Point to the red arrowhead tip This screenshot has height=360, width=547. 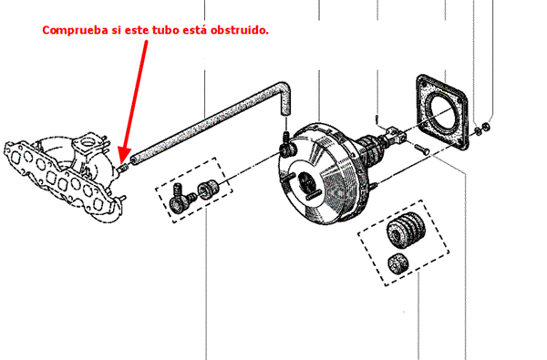[x=122, y=164]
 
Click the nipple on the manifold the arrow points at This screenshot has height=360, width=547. [x=123, y=169]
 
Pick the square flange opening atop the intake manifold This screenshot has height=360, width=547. [x=86, y=141]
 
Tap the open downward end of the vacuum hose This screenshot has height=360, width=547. [x=284, y=111]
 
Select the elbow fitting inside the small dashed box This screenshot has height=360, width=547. [x=180, y=199]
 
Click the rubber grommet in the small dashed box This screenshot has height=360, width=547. [x=208, y=189]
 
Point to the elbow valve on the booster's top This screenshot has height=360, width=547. [x=288, y=146]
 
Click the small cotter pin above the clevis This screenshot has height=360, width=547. [x=377, y=119]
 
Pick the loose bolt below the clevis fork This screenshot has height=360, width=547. [x=422, y=149]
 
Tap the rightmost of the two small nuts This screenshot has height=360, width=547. [x=485, y=127]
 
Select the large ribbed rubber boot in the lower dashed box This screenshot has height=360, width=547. [x=406, y=231]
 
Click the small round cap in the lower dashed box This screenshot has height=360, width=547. [x=398, y=263]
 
